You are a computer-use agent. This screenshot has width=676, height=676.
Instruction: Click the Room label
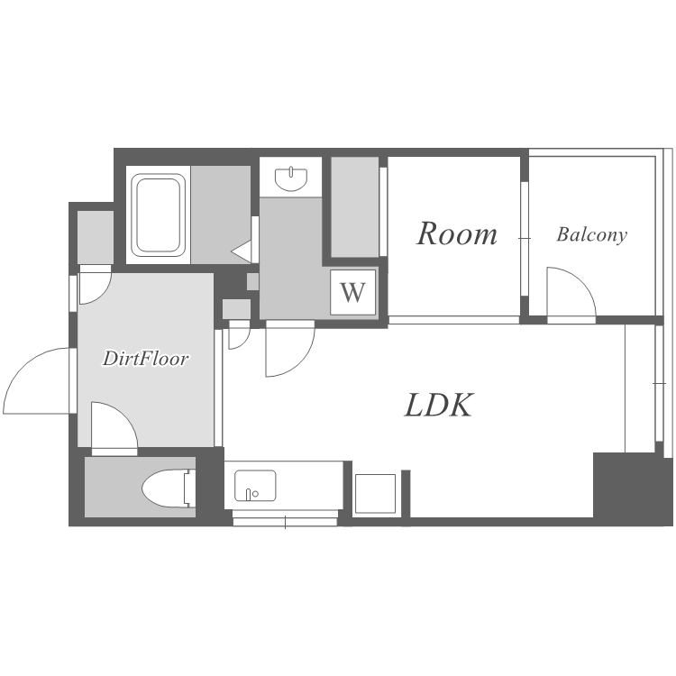(457, 233)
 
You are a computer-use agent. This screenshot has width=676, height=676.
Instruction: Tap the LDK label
(439, 405)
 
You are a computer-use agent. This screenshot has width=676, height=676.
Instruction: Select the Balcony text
(591, 234)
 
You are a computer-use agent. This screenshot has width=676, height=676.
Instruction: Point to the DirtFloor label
(145, 358)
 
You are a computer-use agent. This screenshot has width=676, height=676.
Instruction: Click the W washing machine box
(352, 292)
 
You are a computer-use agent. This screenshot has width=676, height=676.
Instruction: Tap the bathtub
(159, 215)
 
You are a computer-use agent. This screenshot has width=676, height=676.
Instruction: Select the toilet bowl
(165, 489)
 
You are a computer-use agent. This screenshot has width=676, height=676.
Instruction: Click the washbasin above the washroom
(291, 179)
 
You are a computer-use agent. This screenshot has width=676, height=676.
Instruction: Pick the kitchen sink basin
(255, 486)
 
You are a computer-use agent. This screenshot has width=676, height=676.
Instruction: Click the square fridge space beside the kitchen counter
(375, 494)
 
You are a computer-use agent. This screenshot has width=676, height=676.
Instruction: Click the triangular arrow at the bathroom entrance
(242, 251)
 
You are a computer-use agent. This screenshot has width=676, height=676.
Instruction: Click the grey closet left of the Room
(355, 207)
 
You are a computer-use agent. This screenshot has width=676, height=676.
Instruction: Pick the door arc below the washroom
(290, 349)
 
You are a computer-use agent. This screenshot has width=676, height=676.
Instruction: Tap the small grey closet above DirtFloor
(96, 237)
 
